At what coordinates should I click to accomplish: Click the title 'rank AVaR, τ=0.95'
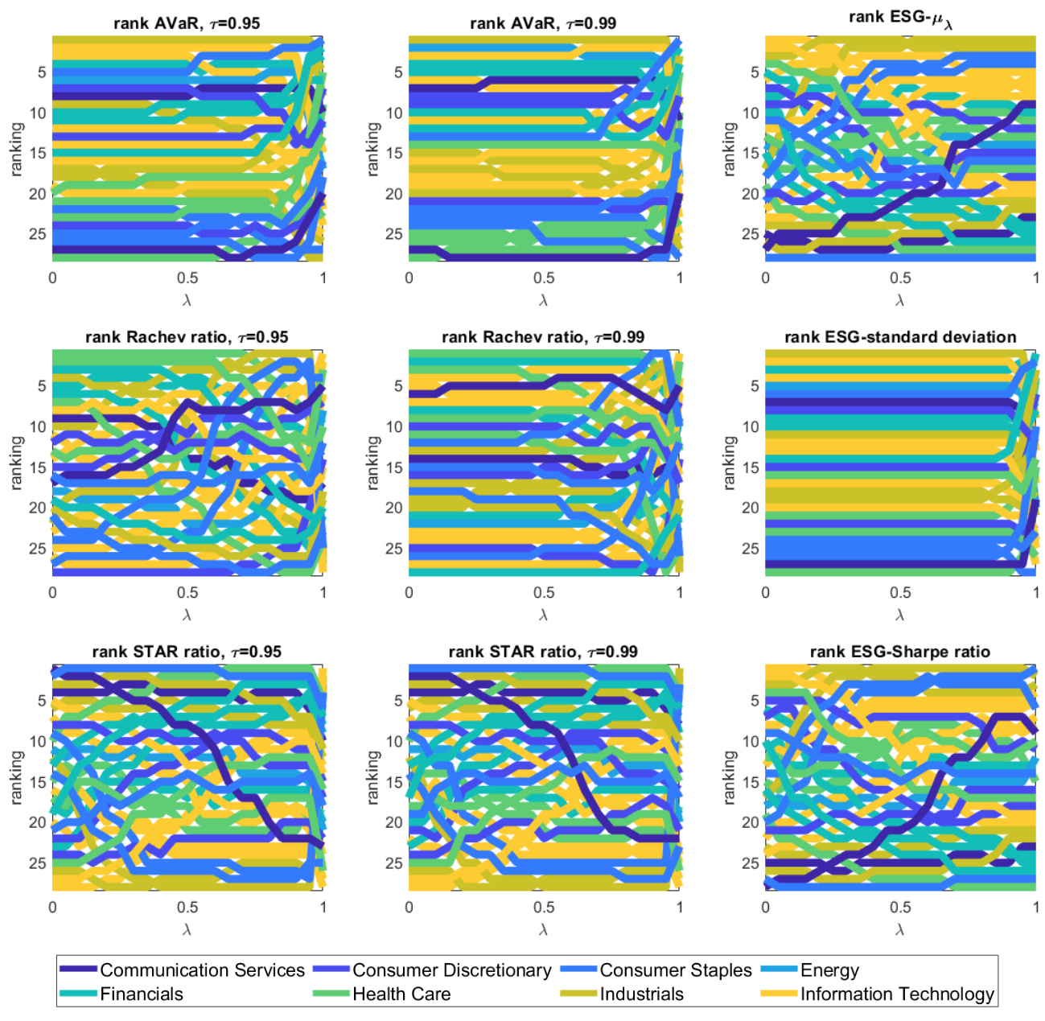[x=187, y=23]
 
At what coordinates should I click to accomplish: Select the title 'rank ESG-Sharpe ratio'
[x=899, y=652]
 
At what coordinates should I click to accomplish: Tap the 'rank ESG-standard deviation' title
[x=900, y=337]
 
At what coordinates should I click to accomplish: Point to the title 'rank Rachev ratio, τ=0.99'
[x=543, y=337]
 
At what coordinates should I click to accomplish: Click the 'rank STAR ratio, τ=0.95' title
[x=187, y=652]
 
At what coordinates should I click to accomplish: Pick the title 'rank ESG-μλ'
[x=900, y=19]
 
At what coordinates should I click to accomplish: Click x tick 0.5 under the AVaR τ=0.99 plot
[x=544, y=278]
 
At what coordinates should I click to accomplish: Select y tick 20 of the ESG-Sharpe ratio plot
[x=750, y=822]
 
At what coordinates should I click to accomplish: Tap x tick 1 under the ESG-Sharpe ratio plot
[x=1035, y=907]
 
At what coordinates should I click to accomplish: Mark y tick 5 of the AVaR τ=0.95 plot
[x=42, y=72]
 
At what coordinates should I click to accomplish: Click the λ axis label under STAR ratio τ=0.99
[x=544, y=929]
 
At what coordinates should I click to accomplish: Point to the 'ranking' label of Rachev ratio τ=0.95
[x=17, y=463]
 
